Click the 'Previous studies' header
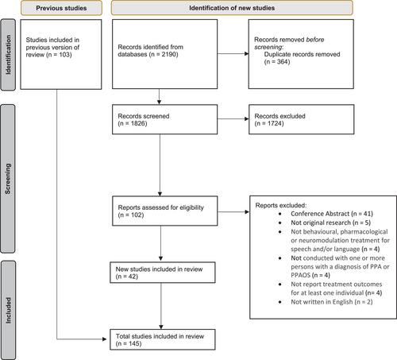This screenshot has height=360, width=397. (61, 8)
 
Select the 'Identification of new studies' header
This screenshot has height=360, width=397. (232, 8)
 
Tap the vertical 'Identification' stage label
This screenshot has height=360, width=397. (8, 55)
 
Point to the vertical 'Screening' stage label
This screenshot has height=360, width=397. (8, 179)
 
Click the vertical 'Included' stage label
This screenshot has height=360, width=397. (8, 310)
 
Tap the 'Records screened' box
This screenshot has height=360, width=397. (164, 119)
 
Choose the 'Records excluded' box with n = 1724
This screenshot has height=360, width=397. (301, 119)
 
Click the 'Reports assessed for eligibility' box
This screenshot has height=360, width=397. (164, 211)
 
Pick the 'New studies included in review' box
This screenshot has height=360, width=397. (163, 273)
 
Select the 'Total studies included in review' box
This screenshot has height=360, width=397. (163, 339)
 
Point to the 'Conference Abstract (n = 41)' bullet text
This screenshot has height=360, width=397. (332, 214)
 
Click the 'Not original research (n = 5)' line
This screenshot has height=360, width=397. (330, 223)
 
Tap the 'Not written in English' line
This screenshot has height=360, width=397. (332, 302)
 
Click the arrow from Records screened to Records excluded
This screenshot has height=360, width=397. (233, 119)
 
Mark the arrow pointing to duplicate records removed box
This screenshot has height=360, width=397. (233, 54)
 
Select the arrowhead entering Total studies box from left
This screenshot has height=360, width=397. (104, 339)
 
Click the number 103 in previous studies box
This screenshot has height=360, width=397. (64, 55)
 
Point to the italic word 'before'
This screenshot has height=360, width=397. (315, 40)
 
